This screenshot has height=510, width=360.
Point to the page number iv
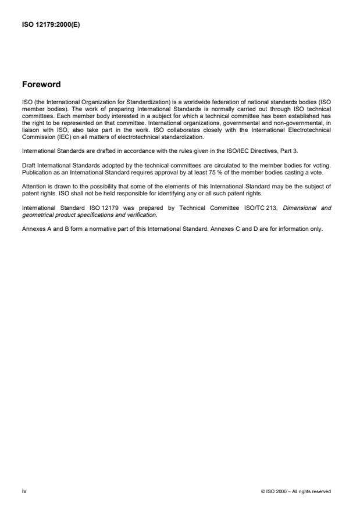click(x=24, y=491)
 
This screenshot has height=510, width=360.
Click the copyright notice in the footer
click(x=296, y=491)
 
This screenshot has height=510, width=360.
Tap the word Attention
click(x=34, y=187)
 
